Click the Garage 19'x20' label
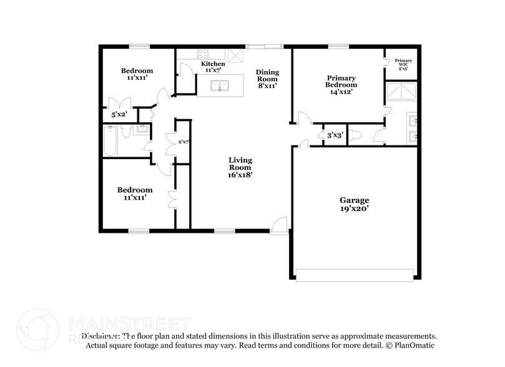click(x=354, y=205)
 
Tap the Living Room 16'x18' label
click(x=240, y=167)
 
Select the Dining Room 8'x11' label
click(x=267, y=79)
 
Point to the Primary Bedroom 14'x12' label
click(x=341, y=85)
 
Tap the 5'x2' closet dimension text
click(x=119, y=115)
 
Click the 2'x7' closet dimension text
click(x=184, y=142)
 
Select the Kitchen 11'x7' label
click(x=213, y=67)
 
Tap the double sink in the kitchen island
click(x=219, y=86)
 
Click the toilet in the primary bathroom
click(x=355, y=135)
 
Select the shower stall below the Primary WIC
click(x=401, y=92)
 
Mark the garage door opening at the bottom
click(x=355, y=274)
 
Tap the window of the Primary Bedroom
click(x=338, y=46)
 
